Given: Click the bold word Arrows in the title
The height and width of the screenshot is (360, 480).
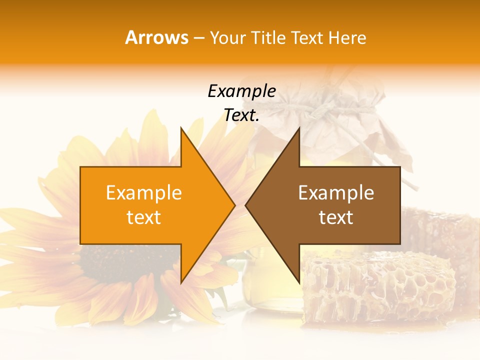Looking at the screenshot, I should (156, 37).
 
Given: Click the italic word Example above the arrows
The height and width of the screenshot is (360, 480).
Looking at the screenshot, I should (241, 91).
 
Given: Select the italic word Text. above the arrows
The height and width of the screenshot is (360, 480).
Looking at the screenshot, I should (241, 115).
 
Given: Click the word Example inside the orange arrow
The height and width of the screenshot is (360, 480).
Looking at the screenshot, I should (143, 193).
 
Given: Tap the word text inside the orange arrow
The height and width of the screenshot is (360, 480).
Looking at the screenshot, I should (143, 217).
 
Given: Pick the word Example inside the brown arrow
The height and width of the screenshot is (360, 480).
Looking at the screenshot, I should (336, 193).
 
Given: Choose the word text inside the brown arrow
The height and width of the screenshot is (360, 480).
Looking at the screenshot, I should (336, 217).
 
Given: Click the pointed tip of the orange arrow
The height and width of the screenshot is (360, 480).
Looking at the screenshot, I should (234, 205).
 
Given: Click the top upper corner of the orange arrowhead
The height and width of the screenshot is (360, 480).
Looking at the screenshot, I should (181, 128).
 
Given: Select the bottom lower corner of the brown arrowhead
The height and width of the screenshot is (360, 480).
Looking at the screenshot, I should (299, 282).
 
